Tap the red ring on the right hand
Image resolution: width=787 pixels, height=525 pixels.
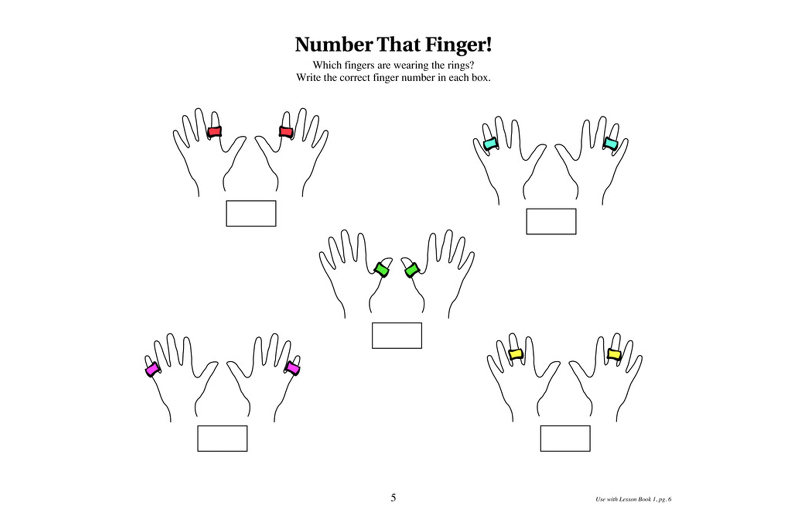[286, 132]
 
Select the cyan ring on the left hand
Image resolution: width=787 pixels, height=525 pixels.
[491, 144]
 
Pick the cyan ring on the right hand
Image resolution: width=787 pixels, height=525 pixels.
[611, 144]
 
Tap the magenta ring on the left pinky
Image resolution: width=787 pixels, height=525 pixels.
[153, 369]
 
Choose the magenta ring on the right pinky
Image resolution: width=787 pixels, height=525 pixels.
[293, 368]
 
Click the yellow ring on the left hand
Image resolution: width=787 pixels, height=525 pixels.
[516, 354]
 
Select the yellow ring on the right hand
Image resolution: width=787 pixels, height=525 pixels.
[614, 354]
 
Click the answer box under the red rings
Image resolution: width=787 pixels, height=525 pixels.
[251, 213]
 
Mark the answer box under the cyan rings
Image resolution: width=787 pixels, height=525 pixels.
[551, 221]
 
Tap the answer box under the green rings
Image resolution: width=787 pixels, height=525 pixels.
[397, 335]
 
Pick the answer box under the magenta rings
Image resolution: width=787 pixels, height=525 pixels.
[222, 439]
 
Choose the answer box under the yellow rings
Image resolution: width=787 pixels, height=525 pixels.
[565, 439]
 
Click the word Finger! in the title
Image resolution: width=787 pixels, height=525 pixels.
[458, 45]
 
